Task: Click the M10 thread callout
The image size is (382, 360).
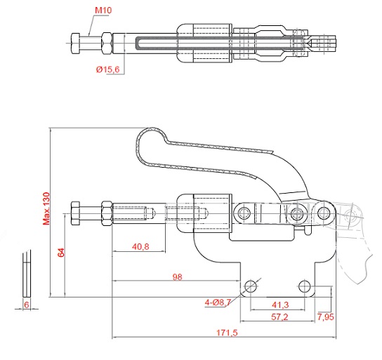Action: tap(103, 11)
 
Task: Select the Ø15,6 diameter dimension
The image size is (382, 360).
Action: tap(108, 69)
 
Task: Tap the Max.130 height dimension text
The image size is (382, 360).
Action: tap(46, 208)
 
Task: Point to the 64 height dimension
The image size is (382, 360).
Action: tap(61, 253)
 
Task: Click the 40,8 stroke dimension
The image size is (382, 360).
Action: tap(140, 247)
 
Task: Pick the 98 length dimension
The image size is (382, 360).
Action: tap(177, 277)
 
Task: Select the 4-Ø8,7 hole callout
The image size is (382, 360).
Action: tap(218, 302)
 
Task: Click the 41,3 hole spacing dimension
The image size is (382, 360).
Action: tap(280, 305)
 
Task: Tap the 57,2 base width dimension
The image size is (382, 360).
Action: tap(279, 317)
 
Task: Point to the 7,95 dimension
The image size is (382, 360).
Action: tap(326, 317)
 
